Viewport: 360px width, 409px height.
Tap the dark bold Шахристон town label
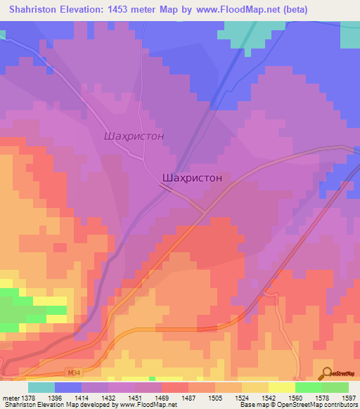192,178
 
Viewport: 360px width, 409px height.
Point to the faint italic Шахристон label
134,136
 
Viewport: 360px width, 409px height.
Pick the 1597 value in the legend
349,398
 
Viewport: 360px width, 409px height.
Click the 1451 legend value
134,398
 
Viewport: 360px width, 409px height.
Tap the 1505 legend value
214,398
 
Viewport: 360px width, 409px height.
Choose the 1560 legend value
295,398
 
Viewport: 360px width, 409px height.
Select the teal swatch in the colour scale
41,388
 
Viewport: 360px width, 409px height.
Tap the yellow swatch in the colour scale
255,388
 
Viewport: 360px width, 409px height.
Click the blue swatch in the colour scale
67,388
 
